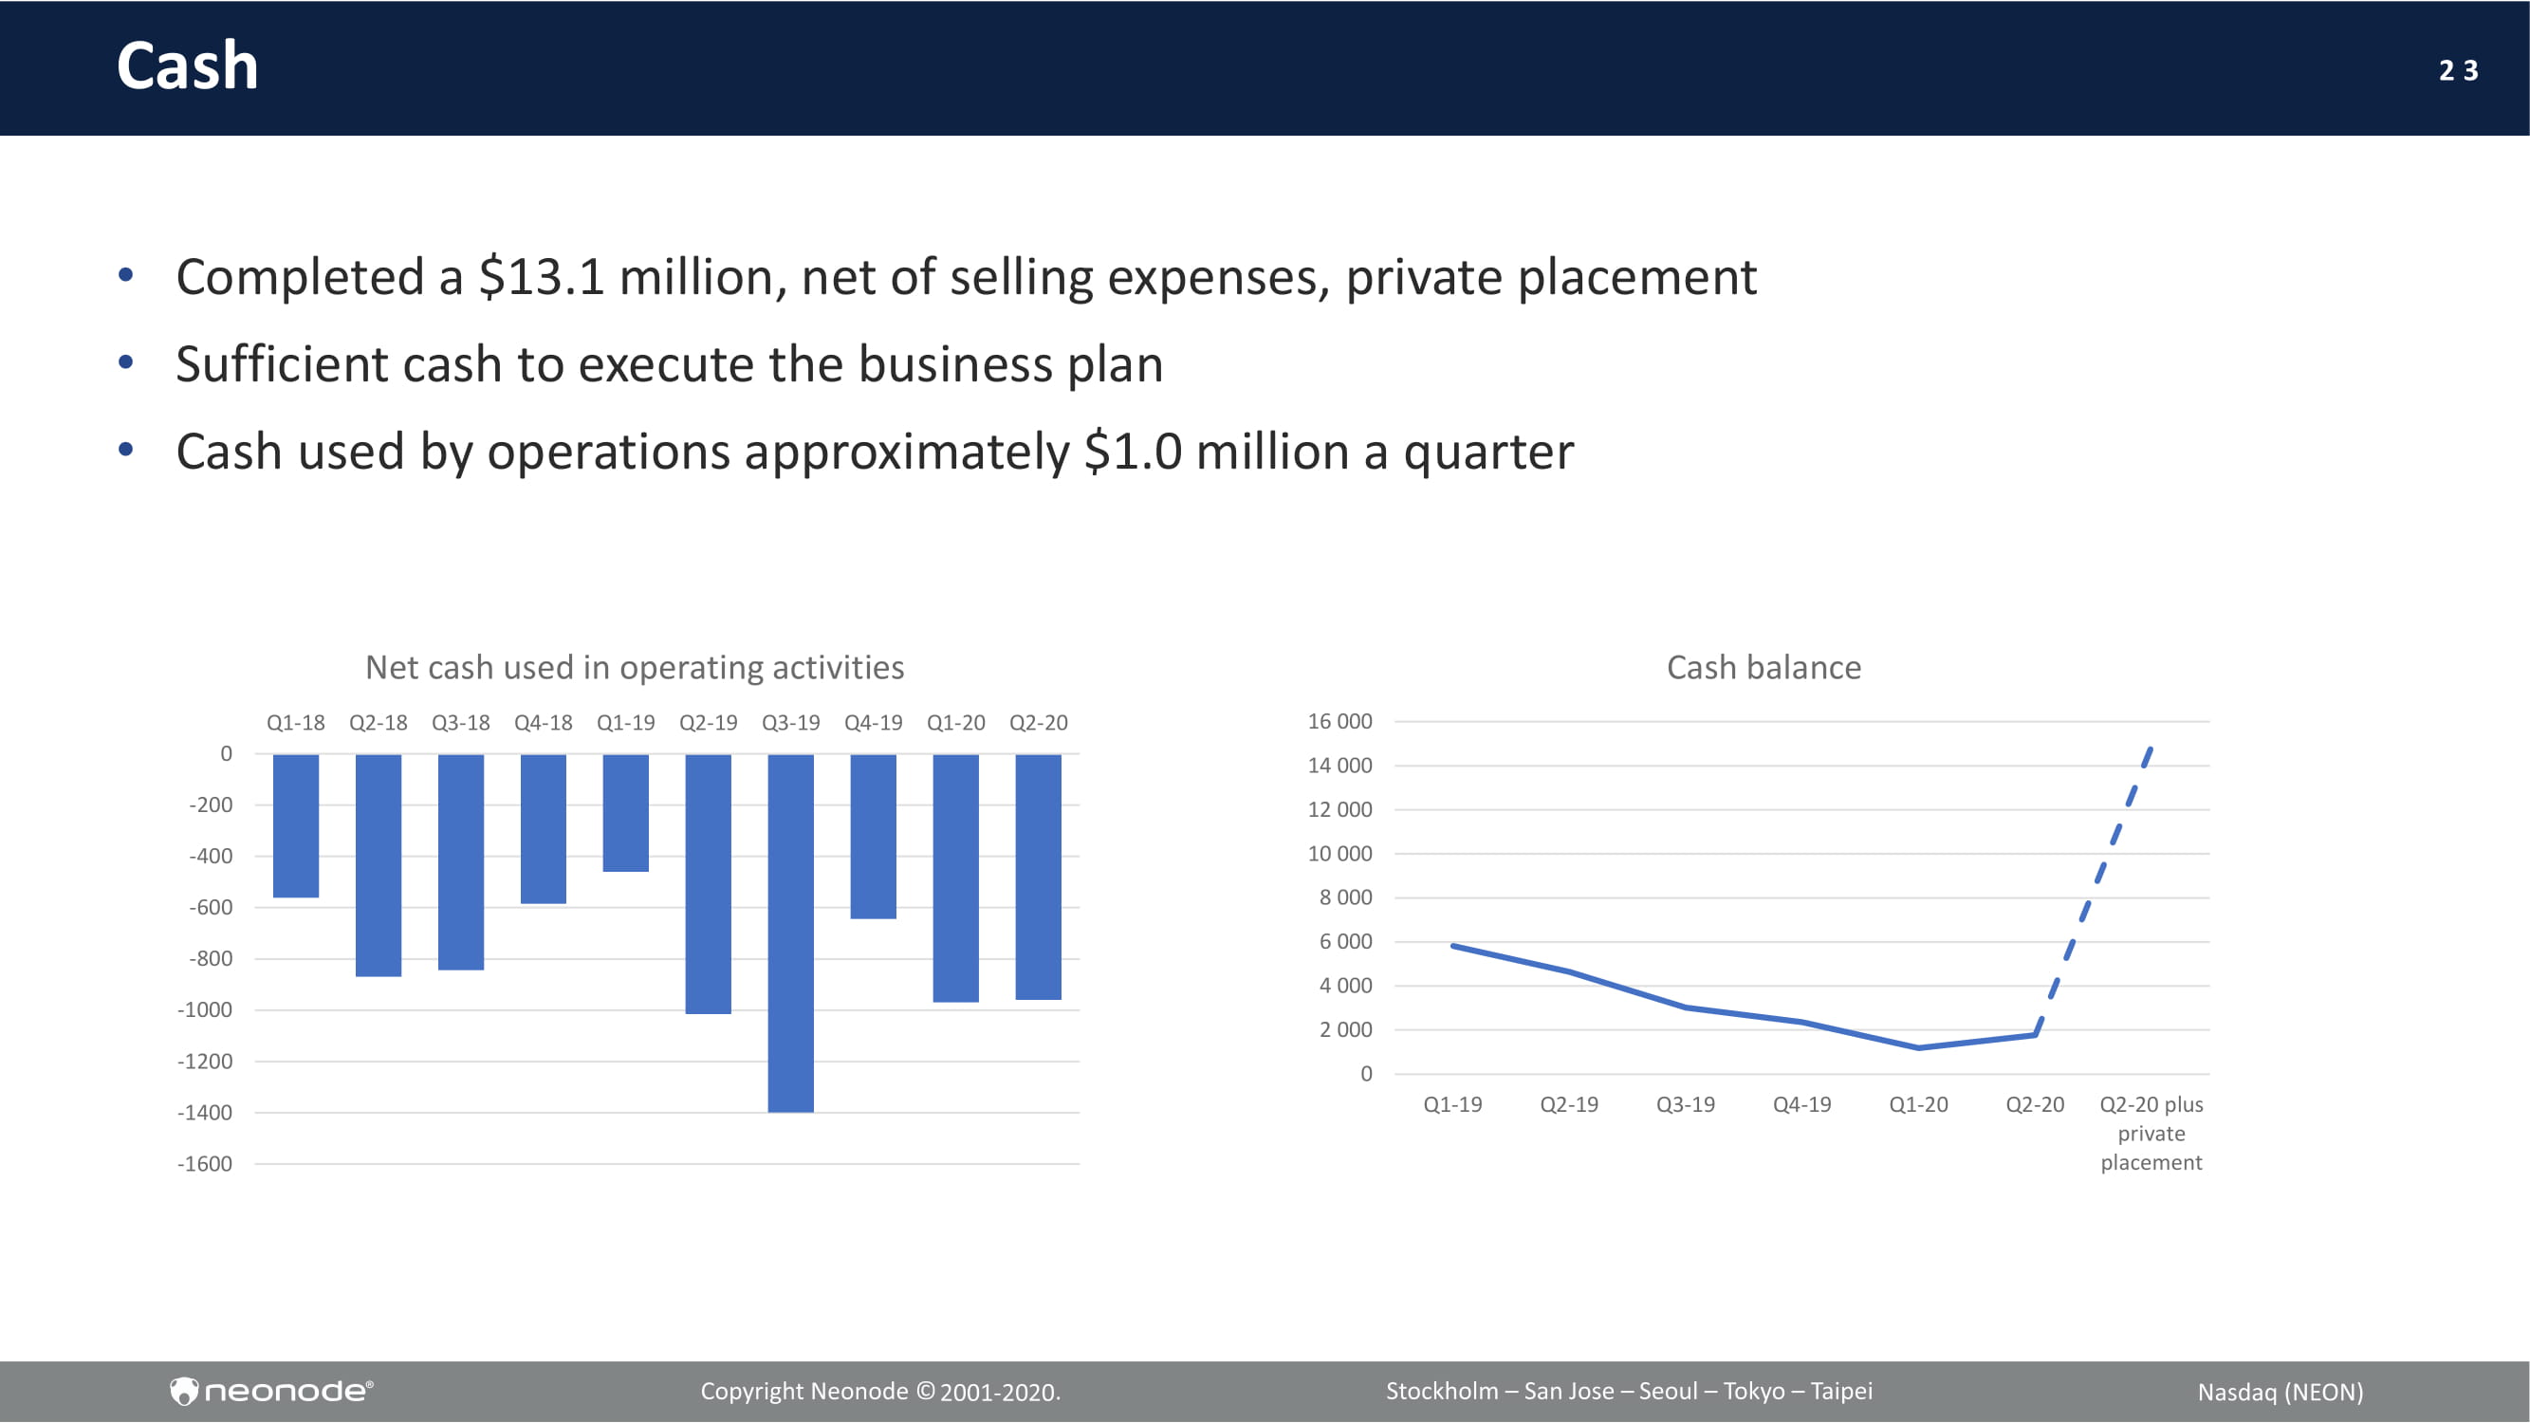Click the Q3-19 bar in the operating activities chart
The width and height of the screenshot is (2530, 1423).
tap(790, 933)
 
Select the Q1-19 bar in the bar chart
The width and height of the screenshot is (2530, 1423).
tap(626, 813)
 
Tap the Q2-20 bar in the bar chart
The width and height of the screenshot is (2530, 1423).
tap(1038, 877)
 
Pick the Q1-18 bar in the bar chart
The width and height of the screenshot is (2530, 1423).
tap(296, 826)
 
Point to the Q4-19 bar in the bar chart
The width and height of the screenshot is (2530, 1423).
tap(873, 837)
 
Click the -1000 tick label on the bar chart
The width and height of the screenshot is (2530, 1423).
tap(204, 1009)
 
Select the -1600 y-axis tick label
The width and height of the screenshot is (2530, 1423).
tap(204, 1164)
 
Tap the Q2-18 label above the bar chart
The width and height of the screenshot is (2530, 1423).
tap(379, 723)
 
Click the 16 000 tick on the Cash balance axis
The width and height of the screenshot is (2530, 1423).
tap(1339, 721)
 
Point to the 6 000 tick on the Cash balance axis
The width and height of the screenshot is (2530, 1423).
tap(1345, 941)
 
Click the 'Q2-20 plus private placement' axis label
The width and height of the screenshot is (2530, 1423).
tap(2151, 1134)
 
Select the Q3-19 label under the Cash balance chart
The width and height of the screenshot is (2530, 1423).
tap(1686, 1104)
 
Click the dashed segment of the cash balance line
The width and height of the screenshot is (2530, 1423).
tap(2093, 891)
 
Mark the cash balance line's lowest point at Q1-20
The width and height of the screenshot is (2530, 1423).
tap(1919, 1048)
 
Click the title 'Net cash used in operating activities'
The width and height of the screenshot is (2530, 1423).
tap(635, 668)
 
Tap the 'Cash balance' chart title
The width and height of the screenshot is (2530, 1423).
tap(1764, 668)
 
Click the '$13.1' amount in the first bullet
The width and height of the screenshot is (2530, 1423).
tap(541, 277)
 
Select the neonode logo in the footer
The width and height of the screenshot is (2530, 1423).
tap(271, 1391)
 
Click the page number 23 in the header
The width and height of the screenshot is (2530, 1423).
tap(2458, 71)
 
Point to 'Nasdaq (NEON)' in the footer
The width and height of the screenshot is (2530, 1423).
tap(2281, 1392)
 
